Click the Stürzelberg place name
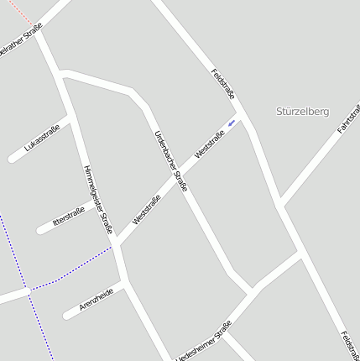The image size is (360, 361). (302, 111)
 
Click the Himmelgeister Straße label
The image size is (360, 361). (97, 199)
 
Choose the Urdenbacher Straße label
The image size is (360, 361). (171, 161)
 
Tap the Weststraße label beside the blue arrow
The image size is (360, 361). (209, 143)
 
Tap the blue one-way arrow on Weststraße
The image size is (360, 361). (232, 124)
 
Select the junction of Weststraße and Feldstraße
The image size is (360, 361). (244, 114)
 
